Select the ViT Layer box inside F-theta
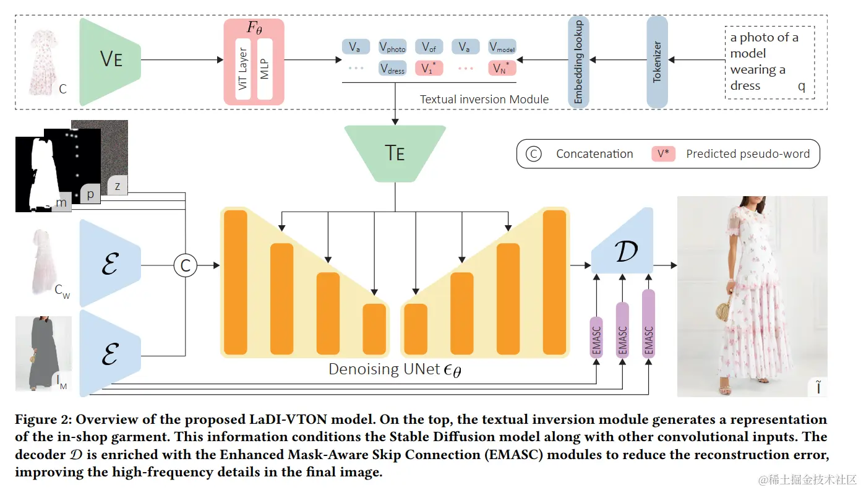click(x=242, y=69)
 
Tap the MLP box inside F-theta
click(x=265, y=69)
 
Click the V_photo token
click(x=393, y=47)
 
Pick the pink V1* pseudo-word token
click(x=429, y=68)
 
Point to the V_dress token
click(x=393, y=68)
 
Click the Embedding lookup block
click(x=578, y=62)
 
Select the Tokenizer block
click(x=657, y=62)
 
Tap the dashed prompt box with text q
click(x=769, y=62)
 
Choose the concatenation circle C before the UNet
click(x=184, y=265)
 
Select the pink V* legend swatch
click(x=662, y=154)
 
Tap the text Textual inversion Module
click(x=484, y=99)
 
